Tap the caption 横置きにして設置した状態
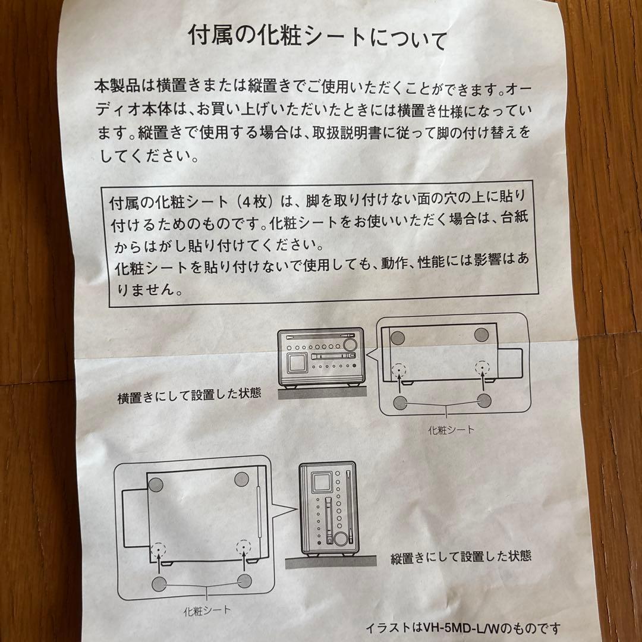point(189,395)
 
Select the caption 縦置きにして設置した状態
point(461,557)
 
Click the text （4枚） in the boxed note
point(256,202)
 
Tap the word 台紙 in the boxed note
point(514,217)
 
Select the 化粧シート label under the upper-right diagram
point(451,430)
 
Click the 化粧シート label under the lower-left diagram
point(207,611)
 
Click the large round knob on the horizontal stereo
point(350,344)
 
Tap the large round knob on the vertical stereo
point(339,538)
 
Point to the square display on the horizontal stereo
point(297,364)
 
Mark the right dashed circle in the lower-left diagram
point(244,547)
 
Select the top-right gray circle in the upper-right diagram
point(481,335)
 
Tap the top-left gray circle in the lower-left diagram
point(156,484)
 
